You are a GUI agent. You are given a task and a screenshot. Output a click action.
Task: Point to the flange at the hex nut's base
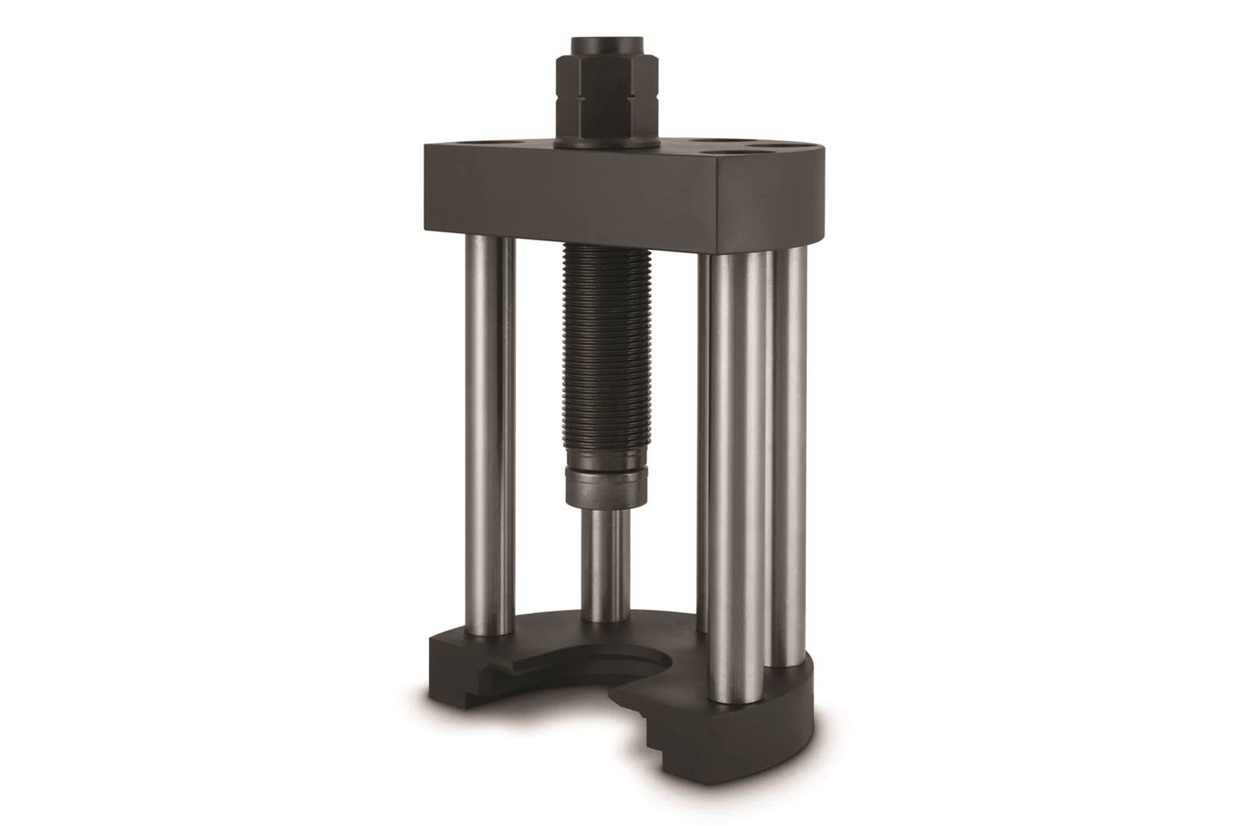click(x=605, y=142)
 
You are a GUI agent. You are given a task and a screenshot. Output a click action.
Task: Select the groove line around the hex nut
click(x=605, y=71)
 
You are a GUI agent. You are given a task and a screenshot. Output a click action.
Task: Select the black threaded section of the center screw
click(x=605, y=355)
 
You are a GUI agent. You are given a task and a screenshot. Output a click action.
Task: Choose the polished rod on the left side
click(x=487, y=436)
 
